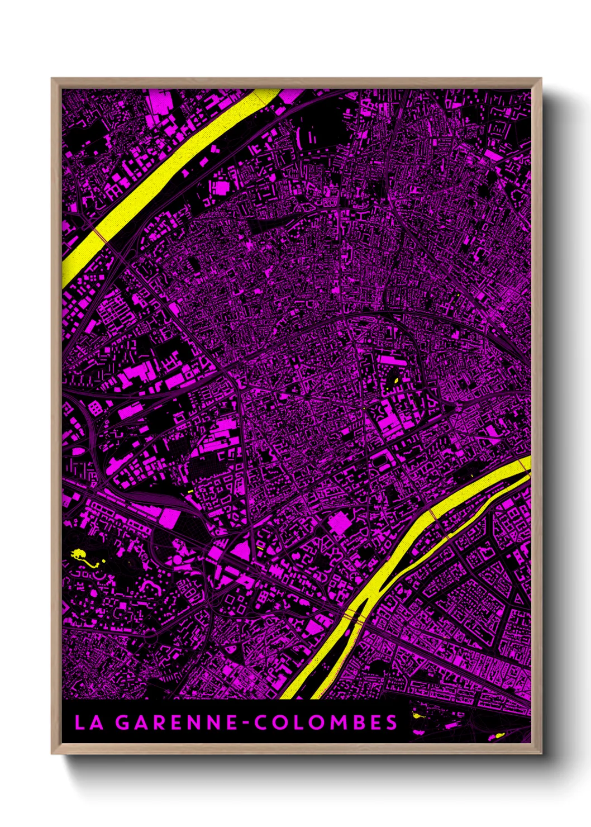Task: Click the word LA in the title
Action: click(x=89, y=723)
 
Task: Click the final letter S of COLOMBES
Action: click(x=391, y=723)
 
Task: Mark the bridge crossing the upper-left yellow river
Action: click(x=101, y=234)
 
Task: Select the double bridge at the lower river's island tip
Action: click(x=355, y=616)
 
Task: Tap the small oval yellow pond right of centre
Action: click(x=395, y=381)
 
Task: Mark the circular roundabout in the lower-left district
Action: click(x=150, y=583)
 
